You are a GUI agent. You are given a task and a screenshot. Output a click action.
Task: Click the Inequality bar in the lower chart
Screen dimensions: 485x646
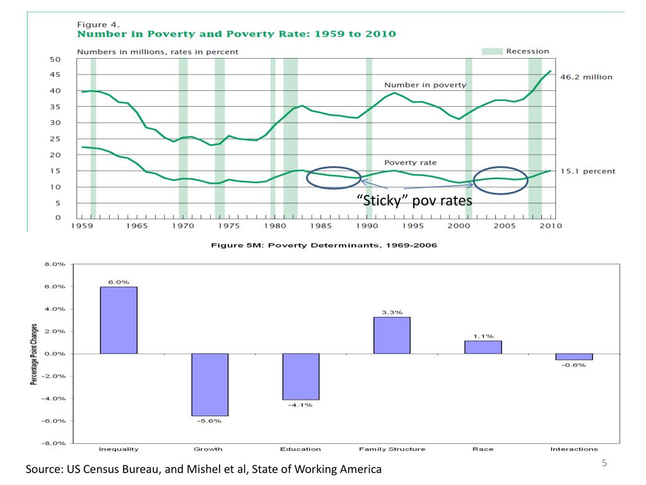pyautogui.click(x=119, y=320)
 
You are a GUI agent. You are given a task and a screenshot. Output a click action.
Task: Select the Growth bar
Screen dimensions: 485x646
pyautogui.click(x=209, y=385)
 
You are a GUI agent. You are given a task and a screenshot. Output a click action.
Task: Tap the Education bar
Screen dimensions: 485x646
pyautogui.click(x=301, y=376)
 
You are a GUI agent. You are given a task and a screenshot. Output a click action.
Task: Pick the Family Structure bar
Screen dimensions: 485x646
pyautogui.click(x=392, y=335)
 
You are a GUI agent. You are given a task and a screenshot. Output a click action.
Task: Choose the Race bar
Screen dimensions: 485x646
pyautogui.click(x=483, y=347)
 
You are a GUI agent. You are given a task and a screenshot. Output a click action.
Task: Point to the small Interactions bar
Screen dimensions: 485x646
pyautogui.click(x=574, y=357)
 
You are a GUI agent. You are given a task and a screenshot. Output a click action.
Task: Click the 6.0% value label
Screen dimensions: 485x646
pyautogui.click(x=119, y=282)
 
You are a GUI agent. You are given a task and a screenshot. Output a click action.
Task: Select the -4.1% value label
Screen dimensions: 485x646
pyautogui.click(x=301, y=405)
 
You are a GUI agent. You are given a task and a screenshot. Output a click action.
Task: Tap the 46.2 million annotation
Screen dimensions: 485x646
pyautogui.click(x=585, y=76)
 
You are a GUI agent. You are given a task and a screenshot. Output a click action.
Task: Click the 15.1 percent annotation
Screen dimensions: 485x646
pyautogui.click(x=587, y=171)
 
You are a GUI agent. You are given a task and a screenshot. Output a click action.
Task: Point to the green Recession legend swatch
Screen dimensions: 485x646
pyautogui.click(x=491, y=51)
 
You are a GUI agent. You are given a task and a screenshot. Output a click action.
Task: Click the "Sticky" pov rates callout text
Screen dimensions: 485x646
pyautogui.click(x=414, y=201)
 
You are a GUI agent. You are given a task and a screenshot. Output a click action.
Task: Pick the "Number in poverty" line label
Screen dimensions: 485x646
pyautogui.click(x=425, y=85)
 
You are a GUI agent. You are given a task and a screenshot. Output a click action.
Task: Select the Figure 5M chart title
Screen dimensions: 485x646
pyautogui.click(x=323, y=245)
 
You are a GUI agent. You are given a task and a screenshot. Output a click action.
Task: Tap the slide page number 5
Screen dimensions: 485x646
pyautogui.click(x=604, y=464)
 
